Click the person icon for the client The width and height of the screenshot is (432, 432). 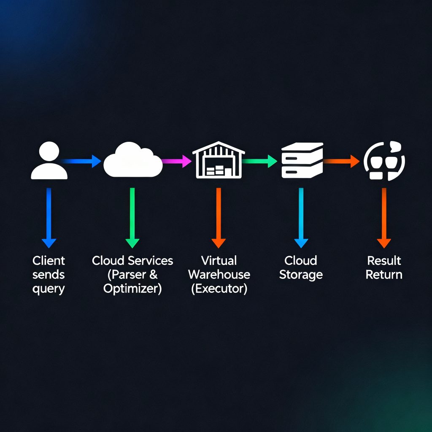[49, 161]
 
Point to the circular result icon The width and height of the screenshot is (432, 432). [384, 161]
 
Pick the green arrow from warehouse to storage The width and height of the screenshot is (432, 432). [259, 161]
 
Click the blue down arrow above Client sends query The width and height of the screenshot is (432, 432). [49, 217]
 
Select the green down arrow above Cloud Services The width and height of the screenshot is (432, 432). [132, 217]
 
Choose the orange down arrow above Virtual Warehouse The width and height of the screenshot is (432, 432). [219, 217]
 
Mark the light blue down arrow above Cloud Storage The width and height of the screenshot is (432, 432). [301, 217]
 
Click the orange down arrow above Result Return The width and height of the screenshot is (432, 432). [384, 217]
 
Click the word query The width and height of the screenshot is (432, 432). [49, 289]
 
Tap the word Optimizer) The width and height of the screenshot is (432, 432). [132, 289]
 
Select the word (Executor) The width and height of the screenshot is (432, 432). [219, 289]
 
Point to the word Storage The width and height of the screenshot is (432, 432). [301, 275]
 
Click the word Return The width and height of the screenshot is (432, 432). [384, 275]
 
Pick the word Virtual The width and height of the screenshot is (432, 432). [219, 260]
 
